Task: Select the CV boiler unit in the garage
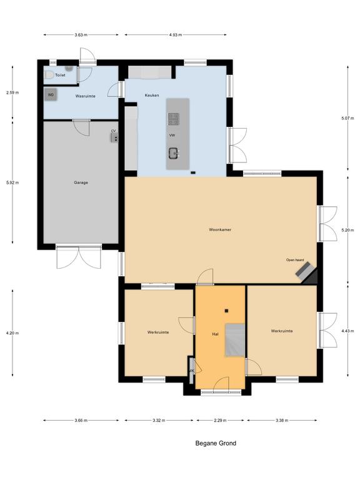[x=114, y=137]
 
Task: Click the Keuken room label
[x=151, y=96]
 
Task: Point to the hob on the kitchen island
[x=173, y=118]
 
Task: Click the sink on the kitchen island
[x=173, y=152]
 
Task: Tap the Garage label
[x=80, y=182]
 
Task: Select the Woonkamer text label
[x=220, y=230]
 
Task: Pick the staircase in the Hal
[x=235, y=341]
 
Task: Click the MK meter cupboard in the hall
[x=191, y=369]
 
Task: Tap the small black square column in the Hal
[x=226, y=311]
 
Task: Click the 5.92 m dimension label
[x=12, y=182]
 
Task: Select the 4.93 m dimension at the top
[x=176, y=35]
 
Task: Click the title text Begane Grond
[x=215, y=444]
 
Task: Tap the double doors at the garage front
[x=78, y=257]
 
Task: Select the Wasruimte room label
[x=85, y=97]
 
